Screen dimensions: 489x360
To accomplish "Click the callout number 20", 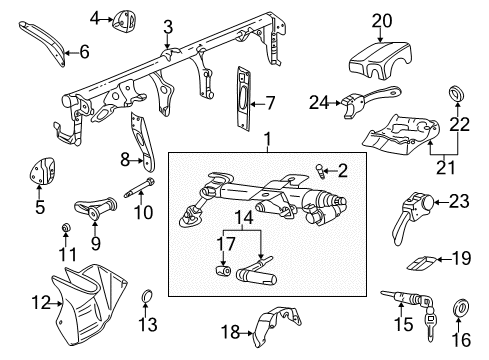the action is point(382,21).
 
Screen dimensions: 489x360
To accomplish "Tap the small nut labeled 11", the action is point(66,227).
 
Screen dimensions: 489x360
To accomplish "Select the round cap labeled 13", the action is point(147,296).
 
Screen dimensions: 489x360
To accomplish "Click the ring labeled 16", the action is point(460,307).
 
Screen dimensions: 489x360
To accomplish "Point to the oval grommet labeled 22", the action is point(457,93).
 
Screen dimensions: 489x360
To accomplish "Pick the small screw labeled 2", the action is point(319,171).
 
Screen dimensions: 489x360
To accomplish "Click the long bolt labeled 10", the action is point(140,188).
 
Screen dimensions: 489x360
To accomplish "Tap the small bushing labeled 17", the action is point(223,270).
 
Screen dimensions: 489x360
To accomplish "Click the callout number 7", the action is point(270,104).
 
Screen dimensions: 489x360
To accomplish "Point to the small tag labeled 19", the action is point(421,263).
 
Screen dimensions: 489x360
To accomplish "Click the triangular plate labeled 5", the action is point(41,171).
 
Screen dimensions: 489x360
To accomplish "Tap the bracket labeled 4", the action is point(123,21).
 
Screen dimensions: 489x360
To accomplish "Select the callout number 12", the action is point(41,303).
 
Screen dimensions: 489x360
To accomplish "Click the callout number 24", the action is point(319,103).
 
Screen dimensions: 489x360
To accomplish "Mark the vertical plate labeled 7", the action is point(243,97).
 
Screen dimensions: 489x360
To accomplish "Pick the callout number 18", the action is point(230,332).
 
